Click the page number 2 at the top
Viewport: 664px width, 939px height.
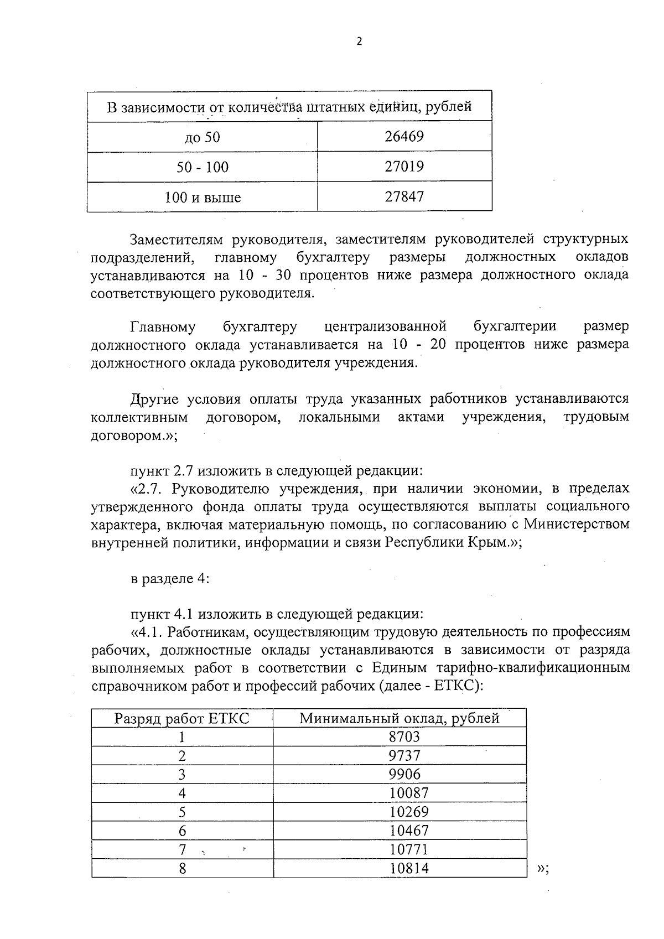(359, 42)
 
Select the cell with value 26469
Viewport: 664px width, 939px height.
(404, 137)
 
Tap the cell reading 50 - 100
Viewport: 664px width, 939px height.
(203, 167)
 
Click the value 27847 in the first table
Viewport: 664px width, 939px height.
(404, 196)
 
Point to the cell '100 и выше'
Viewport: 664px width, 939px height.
(203, 198)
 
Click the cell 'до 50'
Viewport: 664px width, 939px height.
(203, 137)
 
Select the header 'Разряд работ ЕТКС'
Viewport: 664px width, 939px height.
(182, 719)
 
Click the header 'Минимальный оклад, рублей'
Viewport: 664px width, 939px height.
(400, 719)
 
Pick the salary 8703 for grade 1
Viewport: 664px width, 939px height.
(404, 737)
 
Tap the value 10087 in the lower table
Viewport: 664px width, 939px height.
(409, 793)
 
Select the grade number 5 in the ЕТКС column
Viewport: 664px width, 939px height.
(182, 812)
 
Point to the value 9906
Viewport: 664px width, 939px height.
(404, 775)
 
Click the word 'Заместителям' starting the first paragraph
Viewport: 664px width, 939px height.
(175, 240)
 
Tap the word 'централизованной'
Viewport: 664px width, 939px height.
(385, 327)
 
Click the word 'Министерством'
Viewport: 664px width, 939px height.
(577, 524)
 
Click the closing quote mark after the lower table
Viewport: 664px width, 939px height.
(542, 869)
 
